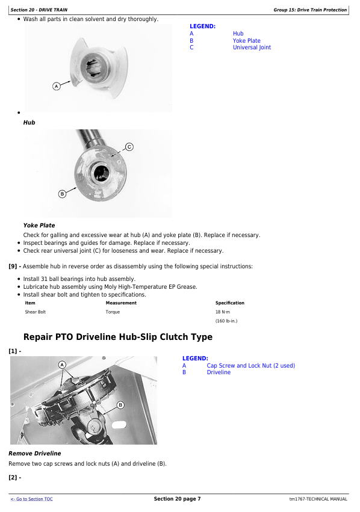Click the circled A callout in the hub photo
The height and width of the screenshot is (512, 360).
pos(57,87)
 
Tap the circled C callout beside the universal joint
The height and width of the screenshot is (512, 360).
pos(129,147)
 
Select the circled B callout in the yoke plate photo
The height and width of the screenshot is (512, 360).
pos(62,194)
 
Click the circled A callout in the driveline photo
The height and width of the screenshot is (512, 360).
pos(62,365)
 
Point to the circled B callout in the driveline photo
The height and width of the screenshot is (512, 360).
pos(120,406)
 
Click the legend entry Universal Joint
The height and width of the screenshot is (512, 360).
pos(252,48)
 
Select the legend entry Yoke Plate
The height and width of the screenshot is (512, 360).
pos(247,40)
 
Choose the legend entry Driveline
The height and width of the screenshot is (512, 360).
pos(219,372)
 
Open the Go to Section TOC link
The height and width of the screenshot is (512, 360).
pos(32,499)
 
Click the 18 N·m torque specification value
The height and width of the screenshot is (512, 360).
pos(223,312)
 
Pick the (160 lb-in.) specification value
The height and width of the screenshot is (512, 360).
pos(226,321)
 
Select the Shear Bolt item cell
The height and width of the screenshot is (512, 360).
pos(36,312)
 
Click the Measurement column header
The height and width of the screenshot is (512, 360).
pos(121,303)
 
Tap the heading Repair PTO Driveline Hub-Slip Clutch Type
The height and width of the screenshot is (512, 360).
pos(118,337)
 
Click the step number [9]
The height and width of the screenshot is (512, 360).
pos(13,267)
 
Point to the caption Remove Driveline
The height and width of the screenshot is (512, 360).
pos(35,454)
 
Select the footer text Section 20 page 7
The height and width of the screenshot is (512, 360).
pos(178,499)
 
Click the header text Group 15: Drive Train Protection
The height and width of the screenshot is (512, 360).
pos(310,10)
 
